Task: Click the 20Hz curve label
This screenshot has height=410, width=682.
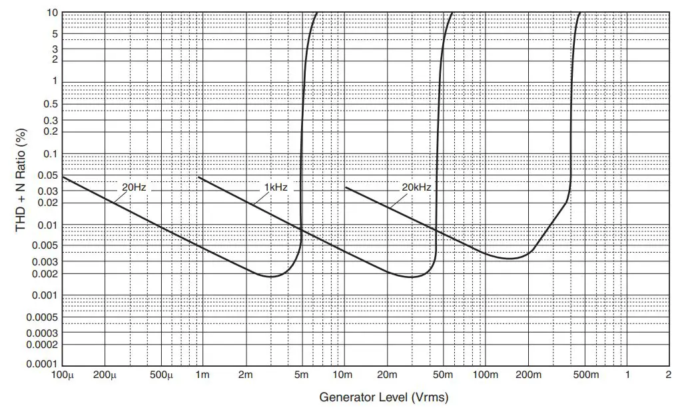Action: pyautogui.click(x=134, y=187)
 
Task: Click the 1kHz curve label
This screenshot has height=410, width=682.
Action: pyautogui.click(x=276, y=187)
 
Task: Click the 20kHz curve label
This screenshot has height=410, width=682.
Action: pyautogui.click(x=416, y=187)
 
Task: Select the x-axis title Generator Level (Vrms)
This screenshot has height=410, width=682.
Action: pyautogui.click(x=384, y=397)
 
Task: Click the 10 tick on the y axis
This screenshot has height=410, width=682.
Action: pyautogui.click(x=52, y=13)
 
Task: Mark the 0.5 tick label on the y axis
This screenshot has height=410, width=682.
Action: pyautogui.click(x=51, y=104)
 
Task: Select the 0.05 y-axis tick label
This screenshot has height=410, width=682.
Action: pyautogui.click(x=48, y=176)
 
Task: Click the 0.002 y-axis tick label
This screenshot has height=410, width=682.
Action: pyautogui.click(x=45, y=274)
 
